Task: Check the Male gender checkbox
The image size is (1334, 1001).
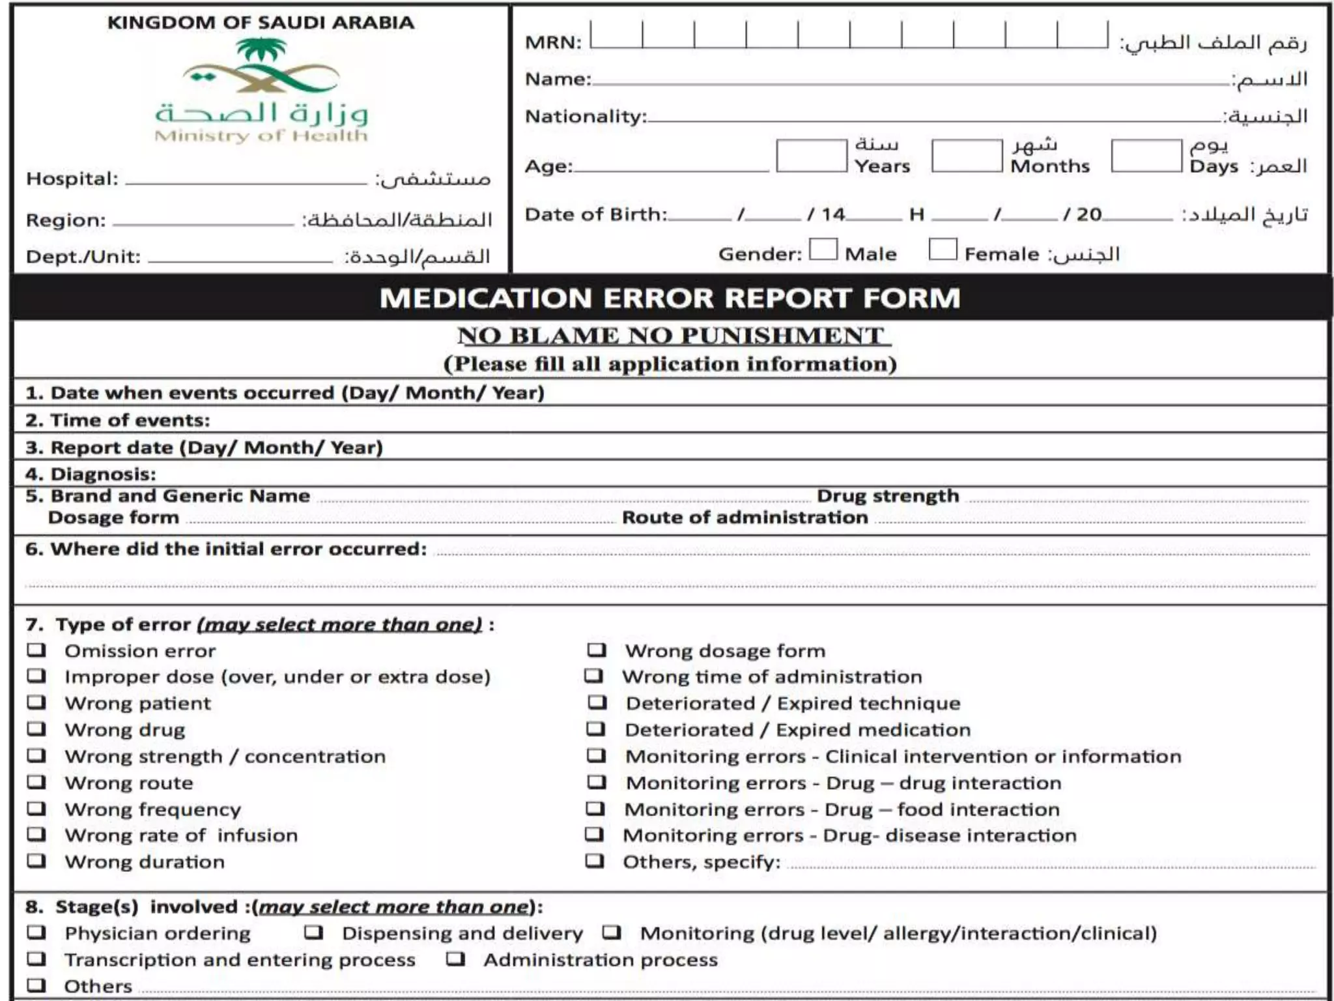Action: click(823, 250)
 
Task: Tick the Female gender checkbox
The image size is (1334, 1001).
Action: click(943, 250)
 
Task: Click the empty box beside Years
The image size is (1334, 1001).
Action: click(811, 156)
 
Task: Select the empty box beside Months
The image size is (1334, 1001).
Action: click(967, 156)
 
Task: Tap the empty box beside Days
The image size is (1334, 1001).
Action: click(1146, 156)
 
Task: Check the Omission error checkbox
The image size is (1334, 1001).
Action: click(36, 650)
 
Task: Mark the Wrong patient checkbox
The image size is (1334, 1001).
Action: click(36, 703)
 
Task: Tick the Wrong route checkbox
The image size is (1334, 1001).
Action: click(36, 782)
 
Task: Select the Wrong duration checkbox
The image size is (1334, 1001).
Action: click(36, 861)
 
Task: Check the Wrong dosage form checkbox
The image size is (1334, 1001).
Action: click(597, 650)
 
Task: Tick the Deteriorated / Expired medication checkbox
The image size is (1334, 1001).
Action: click(596, 729)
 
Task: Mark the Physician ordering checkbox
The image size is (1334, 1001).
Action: click(36, 933)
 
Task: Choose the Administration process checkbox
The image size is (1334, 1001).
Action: click(455, 959)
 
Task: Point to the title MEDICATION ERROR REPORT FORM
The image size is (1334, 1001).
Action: click(670, 298)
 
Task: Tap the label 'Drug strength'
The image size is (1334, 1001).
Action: click(888, 496)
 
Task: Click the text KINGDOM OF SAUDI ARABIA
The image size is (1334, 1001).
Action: click(261, 23)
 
